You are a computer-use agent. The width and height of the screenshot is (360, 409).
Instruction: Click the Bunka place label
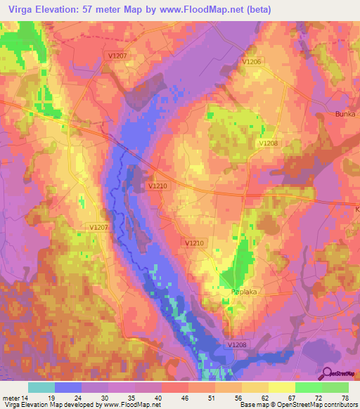[345, 114]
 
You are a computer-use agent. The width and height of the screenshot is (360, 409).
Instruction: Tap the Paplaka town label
[230, 291]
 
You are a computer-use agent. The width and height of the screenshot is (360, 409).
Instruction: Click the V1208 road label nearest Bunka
[268, 143]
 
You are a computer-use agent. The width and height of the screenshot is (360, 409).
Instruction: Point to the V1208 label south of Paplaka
[237, 344]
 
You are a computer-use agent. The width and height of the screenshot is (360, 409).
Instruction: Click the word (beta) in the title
[254, 9]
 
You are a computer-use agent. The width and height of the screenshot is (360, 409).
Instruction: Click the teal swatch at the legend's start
[41, 387]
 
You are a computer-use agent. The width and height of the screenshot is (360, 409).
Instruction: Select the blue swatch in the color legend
[68, 387]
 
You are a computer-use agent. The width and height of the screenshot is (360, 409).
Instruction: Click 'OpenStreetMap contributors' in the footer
[317, 405]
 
